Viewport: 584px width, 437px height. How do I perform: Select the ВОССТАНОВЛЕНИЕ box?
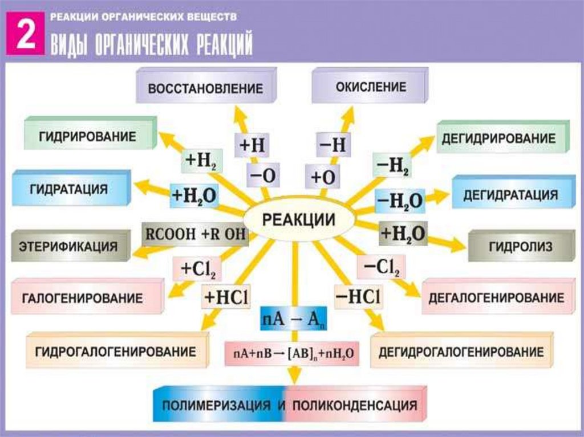tap(205, 89)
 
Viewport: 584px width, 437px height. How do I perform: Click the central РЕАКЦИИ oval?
tap(298, 220)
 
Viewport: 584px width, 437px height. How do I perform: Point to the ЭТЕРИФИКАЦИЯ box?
tap(68, 247)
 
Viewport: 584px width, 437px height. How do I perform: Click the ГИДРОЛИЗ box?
tap(520, 247)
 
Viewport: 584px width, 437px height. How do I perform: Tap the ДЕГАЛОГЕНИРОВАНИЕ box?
tap(496, 297)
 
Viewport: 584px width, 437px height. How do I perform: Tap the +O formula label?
tap(323, 177)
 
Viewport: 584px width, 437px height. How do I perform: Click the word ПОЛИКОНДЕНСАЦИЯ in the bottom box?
tap(355, 406)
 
